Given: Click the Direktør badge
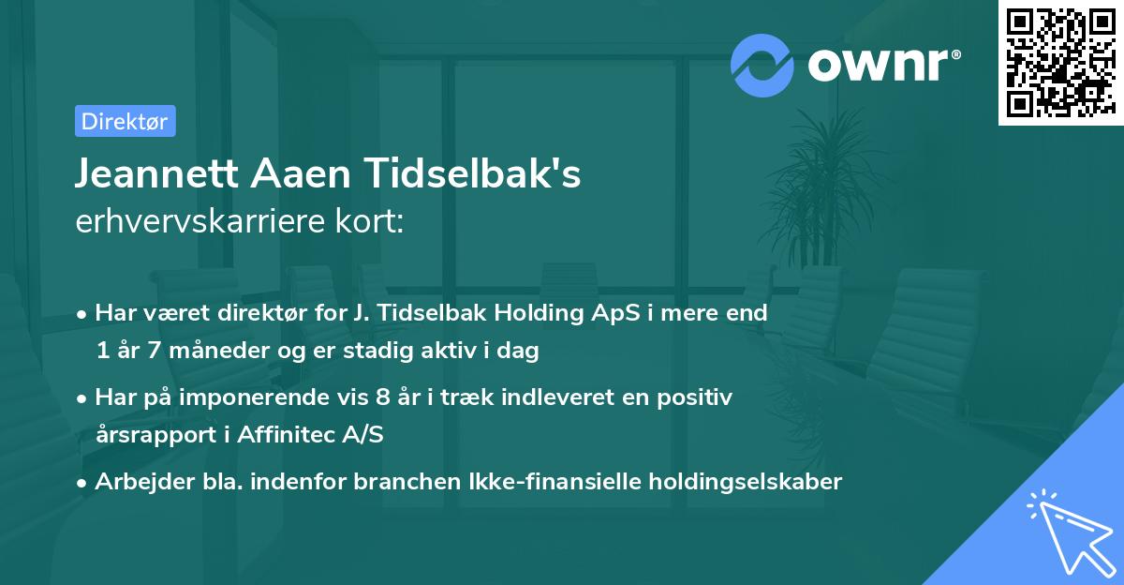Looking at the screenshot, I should tap(125, 121).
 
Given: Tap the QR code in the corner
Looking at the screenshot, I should tap(1060, 62).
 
